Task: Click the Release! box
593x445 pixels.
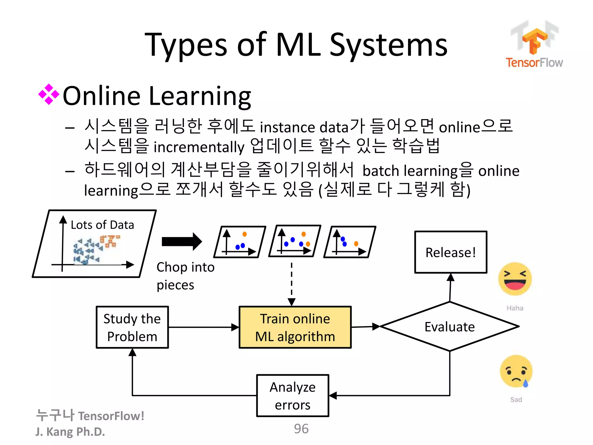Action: (451, 252)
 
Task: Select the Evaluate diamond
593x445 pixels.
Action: (449, 327)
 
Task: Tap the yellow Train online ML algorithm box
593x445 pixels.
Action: (295, 327)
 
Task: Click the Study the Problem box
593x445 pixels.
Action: (132, 327)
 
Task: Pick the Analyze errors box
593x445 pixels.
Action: (292, 396)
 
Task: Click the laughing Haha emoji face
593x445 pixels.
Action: (515, 279)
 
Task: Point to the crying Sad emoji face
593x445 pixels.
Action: (516, 371)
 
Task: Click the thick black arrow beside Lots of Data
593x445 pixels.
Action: (182, 241)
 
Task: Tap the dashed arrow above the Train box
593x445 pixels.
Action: (292, 284)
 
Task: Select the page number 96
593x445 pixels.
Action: (301, 429)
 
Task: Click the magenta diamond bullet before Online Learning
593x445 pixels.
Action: (49, 94)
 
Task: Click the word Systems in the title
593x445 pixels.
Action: (389, 45)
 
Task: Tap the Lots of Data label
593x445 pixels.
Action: (102, 225)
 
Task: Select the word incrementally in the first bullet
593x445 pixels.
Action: (199, 147)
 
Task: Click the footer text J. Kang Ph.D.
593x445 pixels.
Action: (70, 432)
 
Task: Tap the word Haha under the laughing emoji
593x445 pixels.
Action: (515, 308)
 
